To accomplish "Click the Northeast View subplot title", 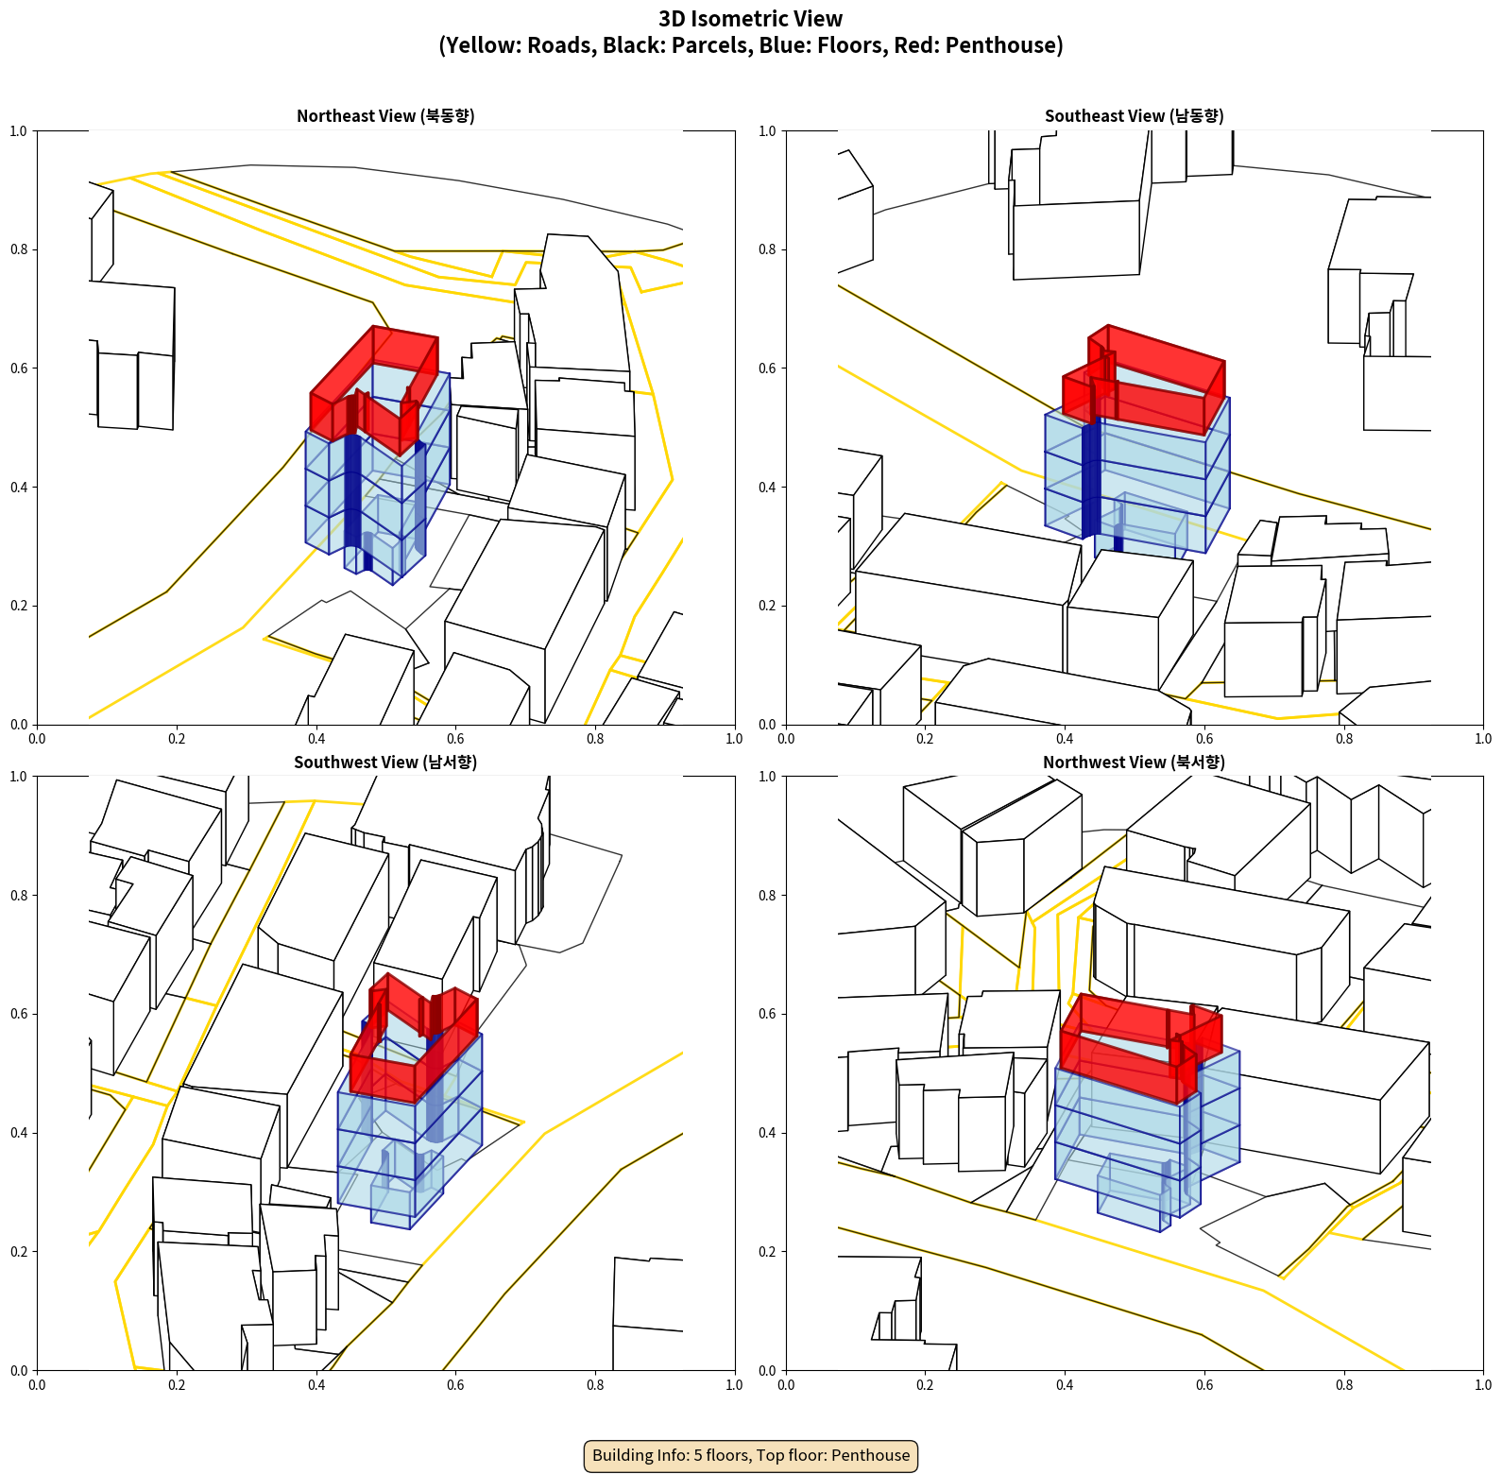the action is [385, 115].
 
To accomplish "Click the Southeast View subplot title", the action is [1134, 115].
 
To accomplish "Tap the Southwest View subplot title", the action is [385, 762].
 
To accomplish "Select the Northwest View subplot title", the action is [1134, 762].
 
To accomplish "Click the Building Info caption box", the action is [751, 1455].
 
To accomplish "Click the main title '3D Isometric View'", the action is [751, 19].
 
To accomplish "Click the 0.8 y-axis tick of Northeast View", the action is [19, 249].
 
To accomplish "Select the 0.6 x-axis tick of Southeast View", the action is [1204, 739].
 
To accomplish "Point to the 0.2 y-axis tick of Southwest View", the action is [19, 1252].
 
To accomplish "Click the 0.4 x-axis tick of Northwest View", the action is [1065, 1385].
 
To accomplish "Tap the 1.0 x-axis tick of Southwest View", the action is [734, 1385].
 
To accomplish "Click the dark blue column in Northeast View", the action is [353, 491].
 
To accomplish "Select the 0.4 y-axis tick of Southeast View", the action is [767, 488].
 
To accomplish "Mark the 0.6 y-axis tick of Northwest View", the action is [767, 1014].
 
